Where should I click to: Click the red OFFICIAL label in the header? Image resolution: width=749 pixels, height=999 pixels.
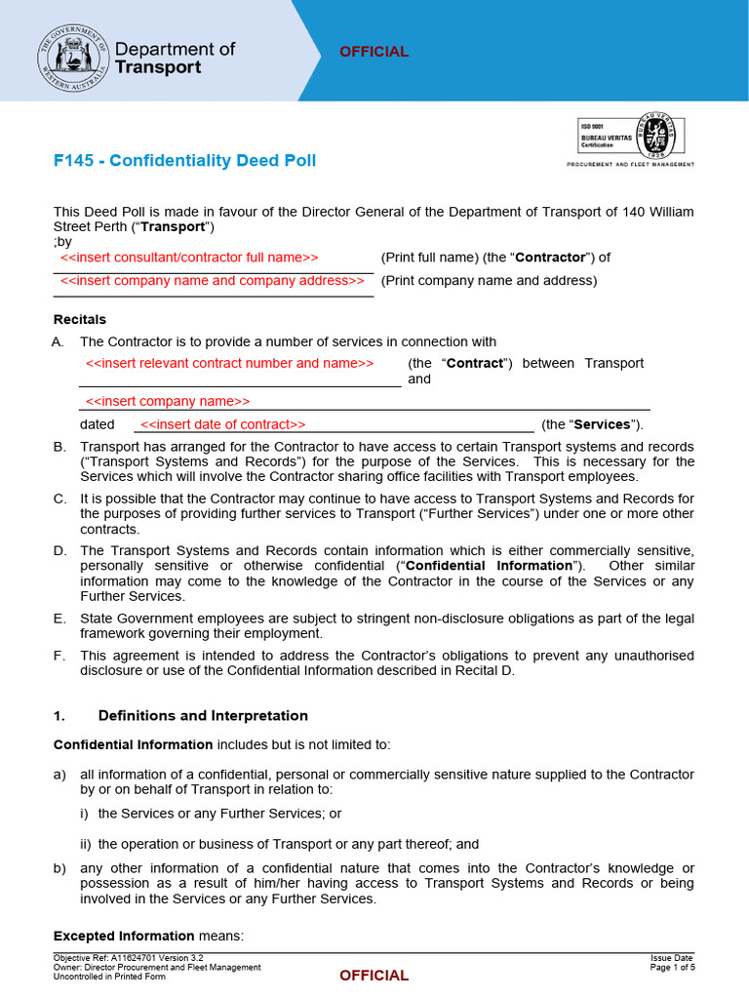coord(374,52)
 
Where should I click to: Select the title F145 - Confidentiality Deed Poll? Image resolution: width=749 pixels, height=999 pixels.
coord(184,160)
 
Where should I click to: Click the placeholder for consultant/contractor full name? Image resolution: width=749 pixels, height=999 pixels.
coord(189,258)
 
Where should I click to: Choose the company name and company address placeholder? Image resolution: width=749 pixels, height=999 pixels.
coord(212,281)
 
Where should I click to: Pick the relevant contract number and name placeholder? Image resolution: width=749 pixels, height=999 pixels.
coord(229,363)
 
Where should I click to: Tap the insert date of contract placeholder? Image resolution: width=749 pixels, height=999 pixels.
coord(222,424)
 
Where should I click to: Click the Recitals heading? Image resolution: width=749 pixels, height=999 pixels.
coord(80,319)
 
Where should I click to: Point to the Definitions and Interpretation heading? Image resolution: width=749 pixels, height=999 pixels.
coord(203,716)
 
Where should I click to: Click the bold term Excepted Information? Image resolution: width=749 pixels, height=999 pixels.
coord(123,937)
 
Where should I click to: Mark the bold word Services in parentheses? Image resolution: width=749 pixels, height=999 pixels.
coord(601,424)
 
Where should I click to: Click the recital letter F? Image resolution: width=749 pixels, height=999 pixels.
coord(59,656)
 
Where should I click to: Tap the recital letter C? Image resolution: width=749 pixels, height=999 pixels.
coord(59,499)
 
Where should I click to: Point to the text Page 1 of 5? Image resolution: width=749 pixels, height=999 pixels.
coord(672,968)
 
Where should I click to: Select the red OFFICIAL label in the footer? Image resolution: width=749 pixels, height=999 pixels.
coord(374,976)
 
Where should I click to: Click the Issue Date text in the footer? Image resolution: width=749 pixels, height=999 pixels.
coord(673,958)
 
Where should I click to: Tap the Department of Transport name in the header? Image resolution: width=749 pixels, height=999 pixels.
coord(176,58)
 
